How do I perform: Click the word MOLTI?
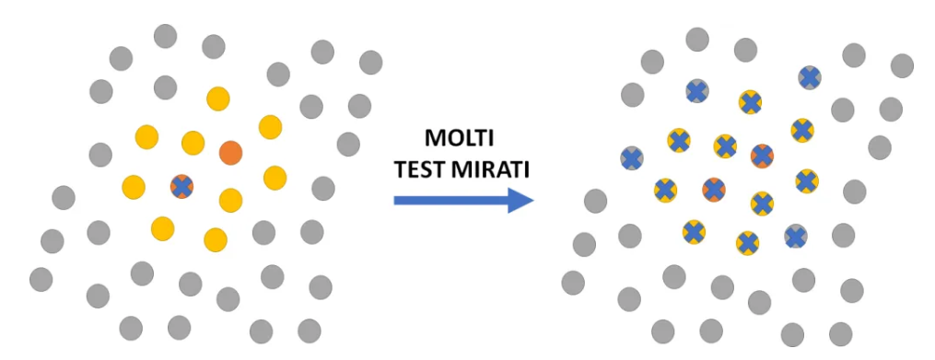click(x=460, y=139)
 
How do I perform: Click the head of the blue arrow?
click(x=520, y=201)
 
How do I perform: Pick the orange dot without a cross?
click(x=231, y=153)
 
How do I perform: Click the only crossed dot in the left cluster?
click(x=181, y=187)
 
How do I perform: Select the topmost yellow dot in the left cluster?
click(x=218, y=99)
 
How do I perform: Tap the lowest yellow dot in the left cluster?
click(x=216, y=239)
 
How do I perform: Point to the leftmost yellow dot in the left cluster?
click(x=134, y=187)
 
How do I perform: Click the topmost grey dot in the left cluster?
click(x=165, y=36)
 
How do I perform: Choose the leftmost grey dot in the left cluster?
click(x=41, y=280)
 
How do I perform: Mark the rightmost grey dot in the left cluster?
click(x=371, y=62)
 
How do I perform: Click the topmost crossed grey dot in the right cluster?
click(x=809, y=77)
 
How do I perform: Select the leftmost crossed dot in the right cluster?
click(x=632, y=158)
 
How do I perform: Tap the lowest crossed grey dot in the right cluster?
click(x=796, y=237)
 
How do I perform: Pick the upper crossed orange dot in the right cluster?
click(x=762, y=156)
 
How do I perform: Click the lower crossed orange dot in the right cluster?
click(x=714, y=190)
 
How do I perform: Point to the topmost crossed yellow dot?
click(x=750, y=102)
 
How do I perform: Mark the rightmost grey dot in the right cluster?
click(x=902, y=65)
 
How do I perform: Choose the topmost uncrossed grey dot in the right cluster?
click(x=697, y=40)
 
